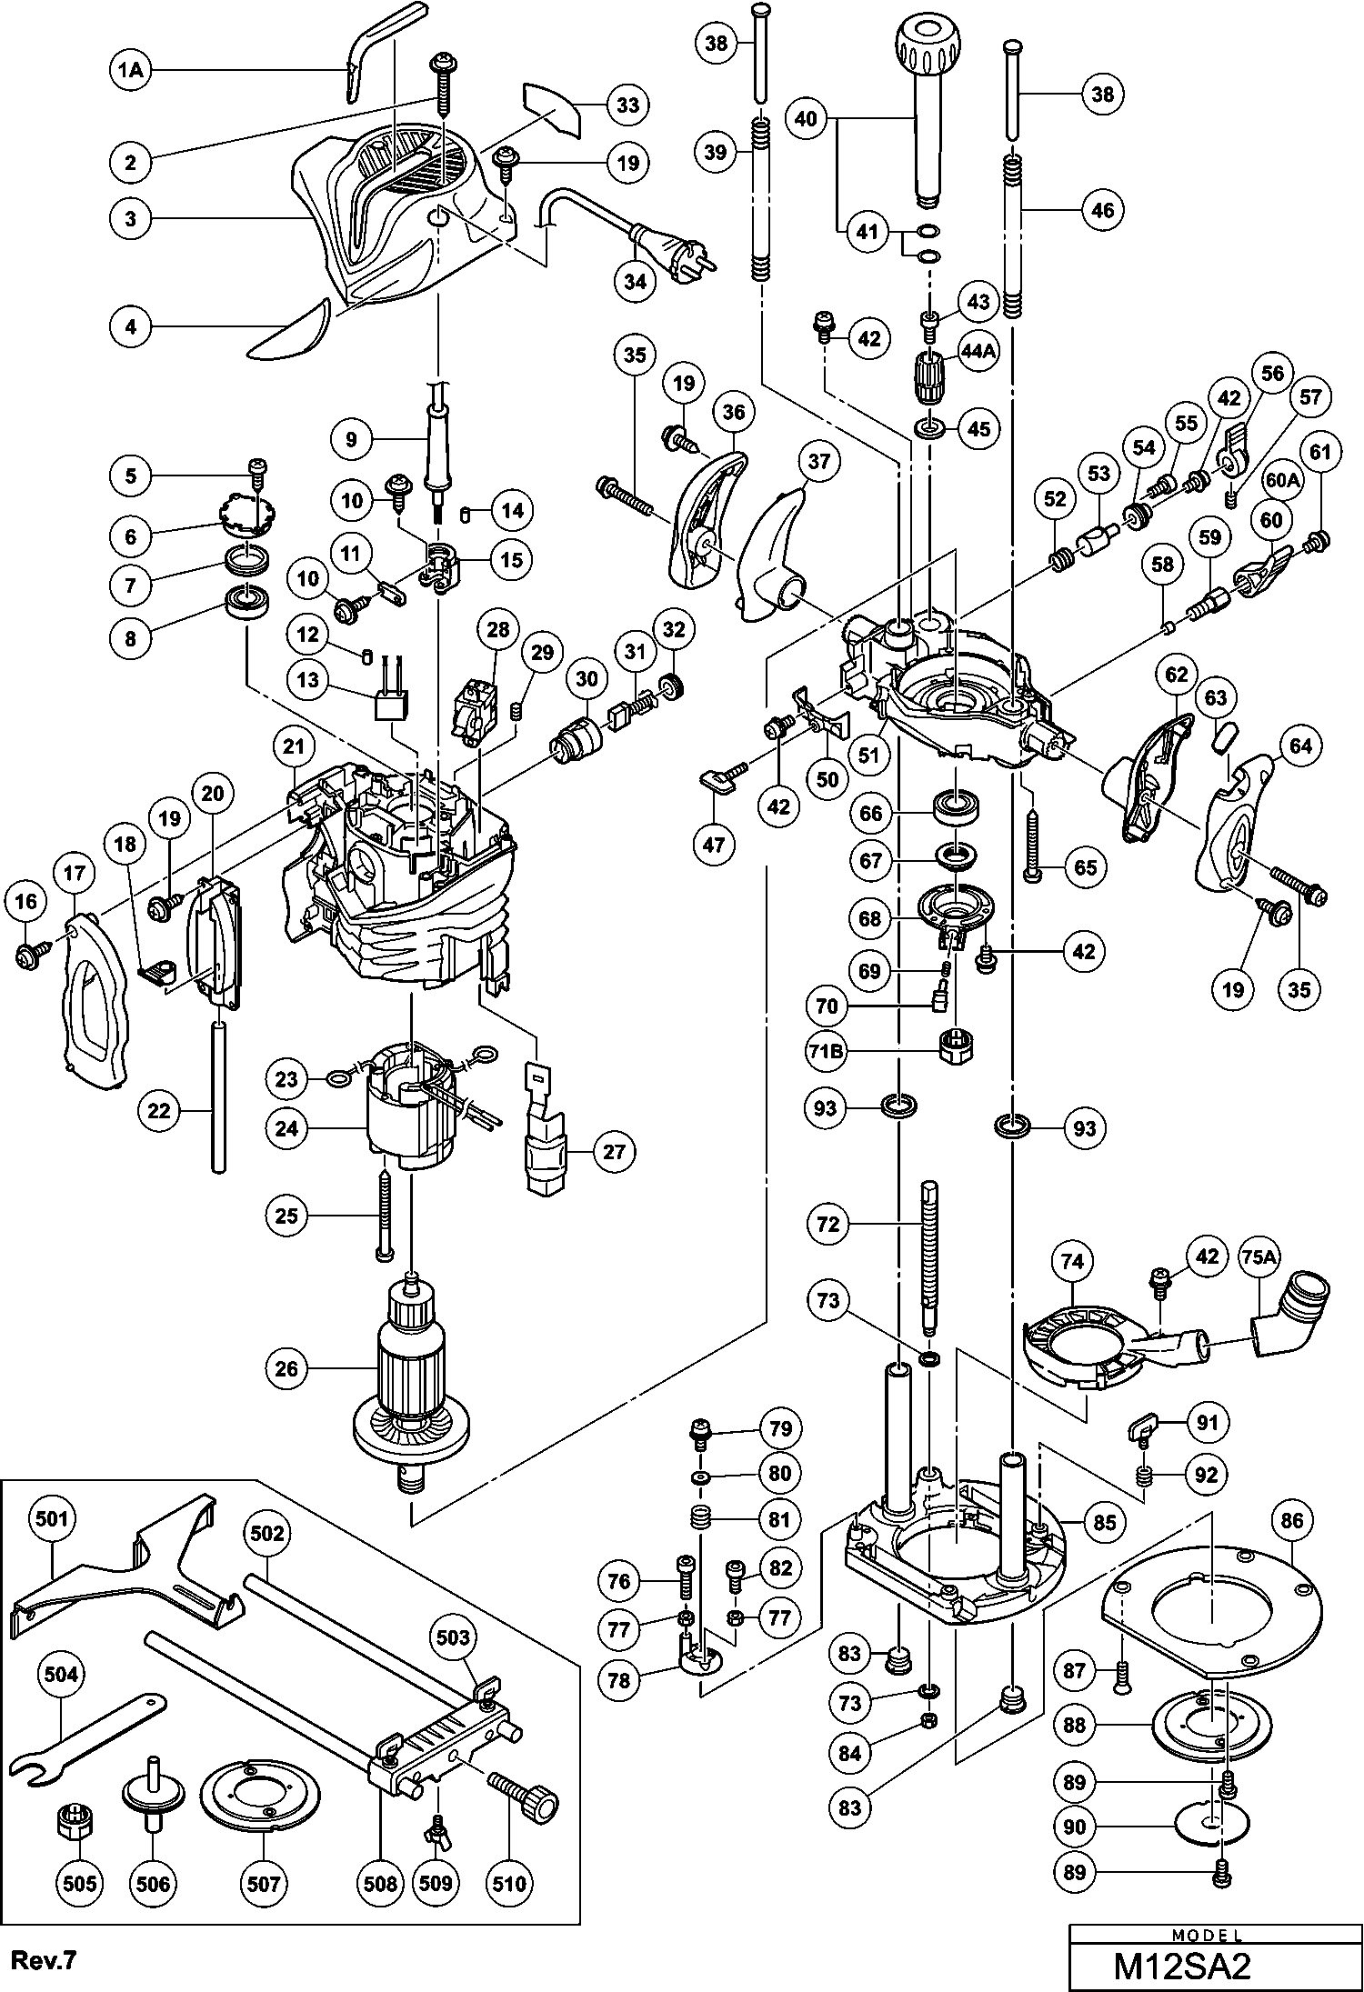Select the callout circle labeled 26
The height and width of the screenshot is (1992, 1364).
286,1368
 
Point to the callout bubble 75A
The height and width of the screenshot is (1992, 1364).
1260,1257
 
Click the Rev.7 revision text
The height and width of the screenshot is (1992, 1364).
42,1956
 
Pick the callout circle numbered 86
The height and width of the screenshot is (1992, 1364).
1292,1521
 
